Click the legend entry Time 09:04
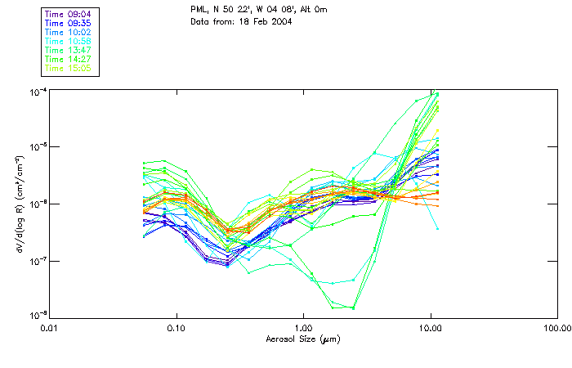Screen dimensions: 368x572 click(x=69, y=13)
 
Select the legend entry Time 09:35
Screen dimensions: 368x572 click(x=69, y=23)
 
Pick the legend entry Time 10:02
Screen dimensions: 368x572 click(x=69, y=32)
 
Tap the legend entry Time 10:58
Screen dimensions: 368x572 click(x=69, y=41)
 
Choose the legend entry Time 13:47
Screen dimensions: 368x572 click(x=69, y=50)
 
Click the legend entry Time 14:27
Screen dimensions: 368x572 click(x=69, y=59)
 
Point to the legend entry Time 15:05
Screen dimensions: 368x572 click(x=69, y=68)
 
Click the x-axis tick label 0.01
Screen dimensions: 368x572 click(x=49, y=329)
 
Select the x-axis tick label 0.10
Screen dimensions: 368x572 click(x=176, y=329)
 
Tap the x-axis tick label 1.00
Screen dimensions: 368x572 click(x=303, y=329)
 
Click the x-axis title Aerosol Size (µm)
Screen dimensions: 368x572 click(x=302, y=339)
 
